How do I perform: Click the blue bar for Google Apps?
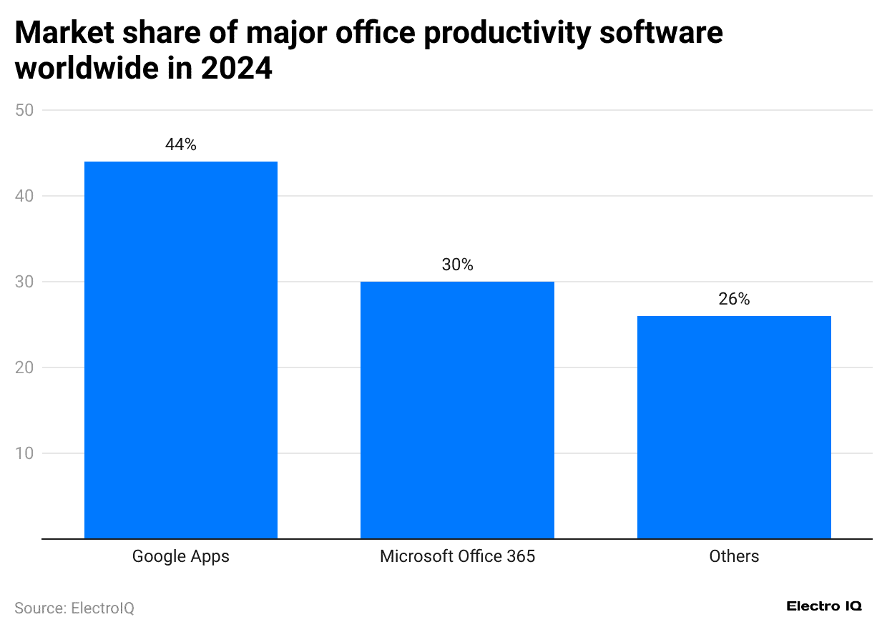pos(181,350)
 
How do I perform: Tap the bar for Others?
pos(734,427)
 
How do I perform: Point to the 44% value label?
pos(180,144)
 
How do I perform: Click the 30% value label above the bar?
pos(457,265)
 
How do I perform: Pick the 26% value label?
pos(734,299)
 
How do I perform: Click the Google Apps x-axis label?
pos(181,556)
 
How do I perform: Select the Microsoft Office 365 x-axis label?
pos(457,556)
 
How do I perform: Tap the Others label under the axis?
pos(734,556)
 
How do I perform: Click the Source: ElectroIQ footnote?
pos(74,608)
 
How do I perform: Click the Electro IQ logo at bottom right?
pos(824,606)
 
